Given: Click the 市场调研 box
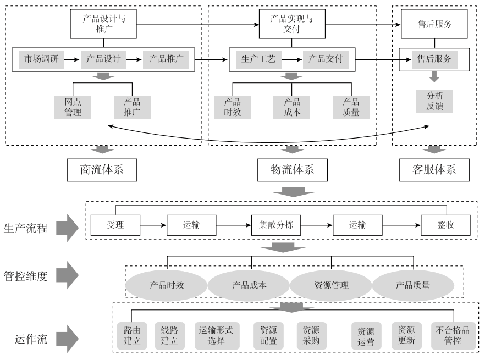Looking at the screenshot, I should pyautogui.click(x=41, y=59).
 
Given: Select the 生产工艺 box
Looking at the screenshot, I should pyautogui.click(x=258, y=59).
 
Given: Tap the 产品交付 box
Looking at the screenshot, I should pyautogui.click(x=326, y=59).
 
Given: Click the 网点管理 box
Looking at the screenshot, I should pyautogui.click(x=73, y=107).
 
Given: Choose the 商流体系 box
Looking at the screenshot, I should pyautogui.click(x=102, y=169).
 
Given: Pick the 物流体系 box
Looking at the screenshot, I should pyautogui.click(x=285, y=169).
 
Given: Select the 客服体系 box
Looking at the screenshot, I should pyautogui.click(x=434, y=169).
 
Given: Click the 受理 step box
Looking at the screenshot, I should pyautogui.click(x=115, y=225).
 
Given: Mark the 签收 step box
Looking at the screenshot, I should pyautogui.click(x=446, y=225).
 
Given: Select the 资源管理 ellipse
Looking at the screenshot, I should pyautogui.click(x=331, y=286).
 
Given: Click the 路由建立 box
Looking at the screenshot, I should pyautogui.click(x=132, y=335).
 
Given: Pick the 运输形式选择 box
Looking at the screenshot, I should pyautogui.click(x=216, y=335).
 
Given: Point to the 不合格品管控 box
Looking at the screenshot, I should pyautogui.click(x=453, y=335).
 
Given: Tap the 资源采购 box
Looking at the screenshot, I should pyautogui.click(x=311, y=335).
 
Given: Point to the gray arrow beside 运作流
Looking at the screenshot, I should pyautogui.click(x=68, y=339).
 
